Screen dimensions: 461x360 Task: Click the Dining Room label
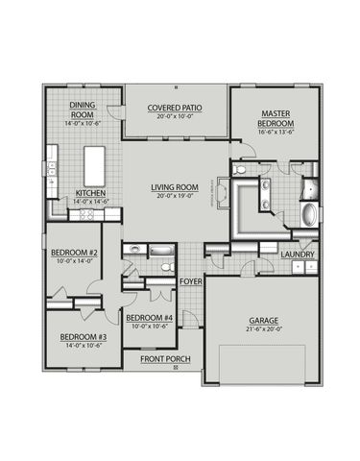(82, 109)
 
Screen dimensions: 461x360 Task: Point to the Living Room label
(174, 186)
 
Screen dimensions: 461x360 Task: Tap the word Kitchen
(89, 192)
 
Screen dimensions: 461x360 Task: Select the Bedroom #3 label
(83, 336)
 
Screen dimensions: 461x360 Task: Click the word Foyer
(190, 280)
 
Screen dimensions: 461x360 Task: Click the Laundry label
(299, 254)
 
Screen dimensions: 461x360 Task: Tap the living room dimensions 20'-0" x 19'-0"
(174, 196)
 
